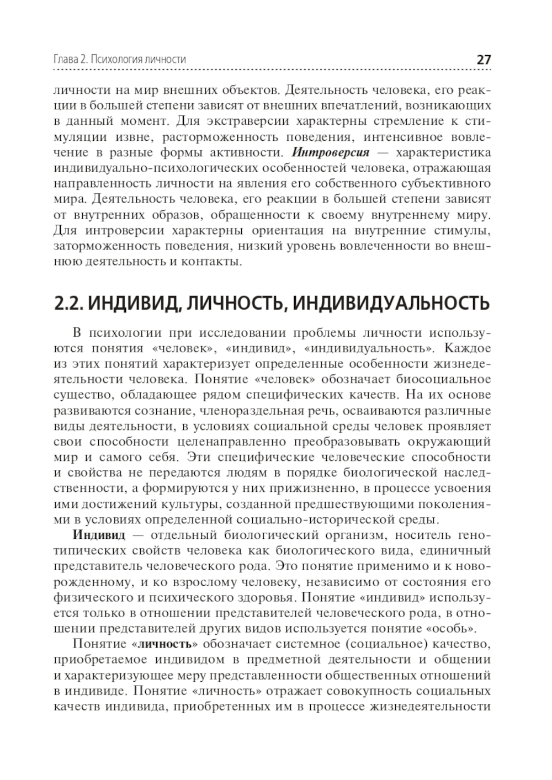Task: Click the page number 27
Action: [483, 60]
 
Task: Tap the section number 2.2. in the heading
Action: [69, 303]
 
